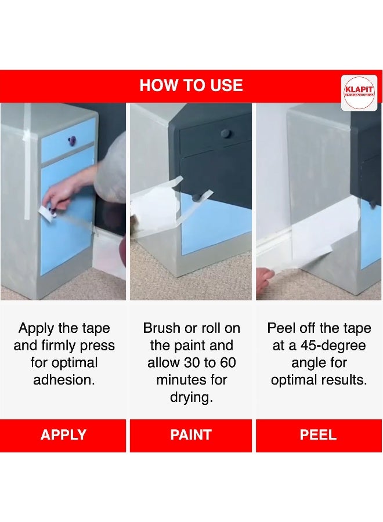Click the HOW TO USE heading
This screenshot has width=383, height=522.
pyautogui.click(x=191, y=85)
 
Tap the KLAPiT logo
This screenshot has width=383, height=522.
pyautogui.click(x=359, y=93)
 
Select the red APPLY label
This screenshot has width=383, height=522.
pyautogui.click(x=63, y=435)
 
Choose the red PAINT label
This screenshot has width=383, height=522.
pyautogui.click(x=191, y=435)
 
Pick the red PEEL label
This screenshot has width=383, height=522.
pyautogui.click(x=319, y=435)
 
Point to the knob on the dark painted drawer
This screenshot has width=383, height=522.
pyautogui.click(x=226, y=133)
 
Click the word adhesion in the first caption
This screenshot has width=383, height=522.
pyautogui.click(x=64, y=380)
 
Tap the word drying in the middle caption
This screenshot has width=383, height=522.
pyautogui.click(x=191, y=397)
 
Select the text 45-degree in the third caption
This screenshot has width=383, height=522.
pyautogui.click(x=333, y=346)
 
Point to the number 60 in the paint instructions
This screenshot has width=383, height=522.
pyautogui.click(x=228, y=362)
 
